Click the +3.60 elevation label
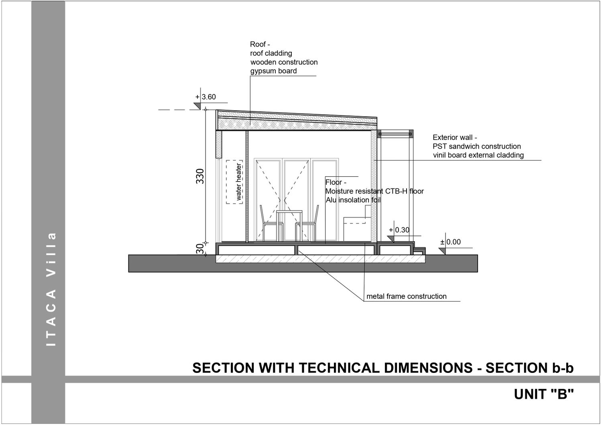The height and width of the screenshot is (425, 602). [x=206, y=97]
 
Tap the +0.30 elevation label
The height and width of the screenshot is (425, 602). [x=399, y=230]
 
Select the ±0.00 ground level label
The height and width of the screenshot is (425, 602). [x=451, y=242]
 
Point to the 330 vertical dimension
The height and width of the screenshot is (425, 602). [x=200, y=176]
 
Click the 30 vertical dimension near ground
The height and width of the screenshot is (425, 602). [x=200, y=249]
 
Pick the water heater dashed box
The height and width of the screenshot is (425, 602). [x=235, y=182]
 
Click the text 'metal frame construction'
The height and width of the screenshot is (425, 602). [x=406, y=297]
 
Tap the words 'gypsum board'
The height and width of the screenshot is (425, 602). [x=273, y=71]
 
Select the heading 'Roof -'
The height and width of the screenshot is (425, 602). [x=260, y=45]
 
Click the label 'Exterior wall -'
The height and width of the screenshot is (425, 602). [x=455, y=138]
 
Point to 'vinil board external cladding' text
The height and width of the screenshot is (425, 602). [x=478, y=155]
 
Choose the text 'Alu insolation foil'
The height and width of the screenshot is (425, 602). [x=353, y=200]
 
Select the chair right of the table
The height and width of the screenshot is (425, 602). [x=310, y=225]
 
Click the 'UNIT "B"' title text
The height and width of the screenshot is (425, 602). [x=544, y=395]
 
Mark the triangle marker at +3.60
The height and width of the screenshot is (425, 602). [x=197, y=105]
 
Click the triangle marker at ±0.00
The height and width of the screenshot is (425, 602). [x=442, y=251]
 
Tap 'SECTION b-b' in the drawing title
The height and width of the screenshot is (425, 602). [x=529, y=368]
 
